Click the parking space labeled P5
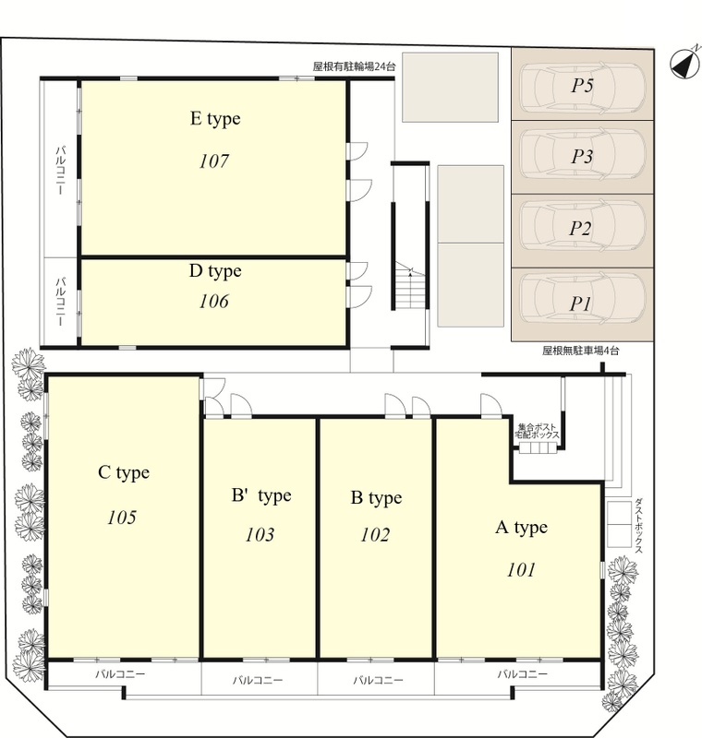[582, 85]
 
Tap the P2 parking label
[580, 229]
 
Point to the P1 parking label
[580, 304]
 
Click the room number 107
[214, 161]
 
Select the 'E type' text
[215, 119]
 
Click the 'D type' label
[215, 271]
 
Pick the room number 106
[214, 302]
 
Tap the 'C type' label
[124, 472]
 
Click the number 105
[122, 518]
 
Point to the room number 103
[260, 535]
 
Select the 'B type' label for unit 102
[377, 498]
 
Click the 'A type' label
[522, 528]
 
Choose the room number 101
[521, 570]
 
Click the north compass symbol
[685, 63]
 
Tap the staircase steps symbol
[410, 285]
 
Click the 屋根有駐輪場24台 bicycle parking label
[355, 66]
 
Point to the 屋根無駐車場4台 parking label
[580, 351]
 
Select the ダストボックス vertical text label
[639, 526]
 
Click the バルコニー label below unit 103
[258, 680]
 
